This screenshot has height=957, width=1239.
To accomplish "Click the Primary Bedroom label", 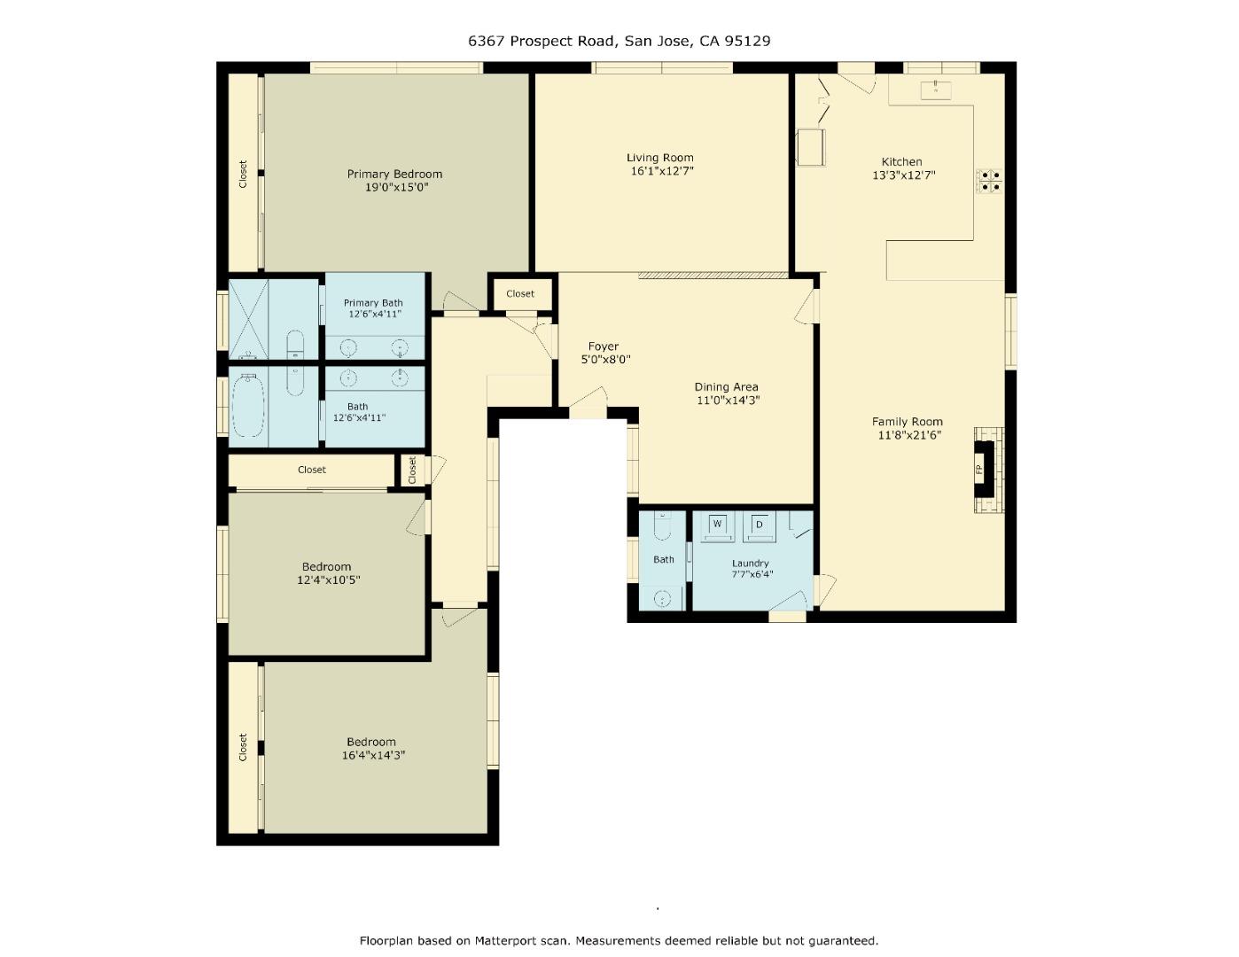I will pos(394,174).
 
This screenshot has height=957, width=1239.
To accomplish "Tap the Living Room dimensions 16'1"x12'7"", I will pos(661,171).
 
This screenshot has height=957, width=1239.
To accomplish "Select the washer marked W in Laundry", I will pos(717,525).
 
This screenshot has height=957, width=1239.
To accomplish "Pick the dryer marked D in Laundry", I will pos(760,525).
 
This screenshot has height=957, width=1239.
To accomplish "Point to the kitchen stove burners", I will pos(990,181).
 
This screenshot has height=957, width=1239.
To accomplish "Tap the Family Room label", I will pos(907,422).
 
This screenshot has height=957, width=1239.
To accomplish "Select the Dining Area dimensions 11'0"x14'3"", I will pos(728,400).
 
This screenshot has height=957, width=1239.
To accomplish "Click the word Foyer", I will pos(604,346).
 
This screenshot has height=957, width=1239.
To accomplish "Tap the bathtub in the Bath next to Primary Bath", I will pos(249,407).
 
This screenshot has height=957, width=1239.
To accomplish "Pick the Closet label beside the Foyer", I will pos(520,293).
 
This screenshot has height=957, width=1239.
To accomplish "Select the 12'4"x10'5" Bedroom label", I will pos(326,567).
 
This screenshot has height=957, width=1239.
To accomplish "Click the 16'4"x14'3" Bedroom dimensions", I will pos(373,755).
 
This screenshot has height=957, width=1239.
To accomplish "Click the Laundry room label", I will pos(750,564).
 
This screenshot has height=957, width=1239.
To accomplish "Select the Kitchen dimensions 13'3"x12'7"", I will pos(903,175).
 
